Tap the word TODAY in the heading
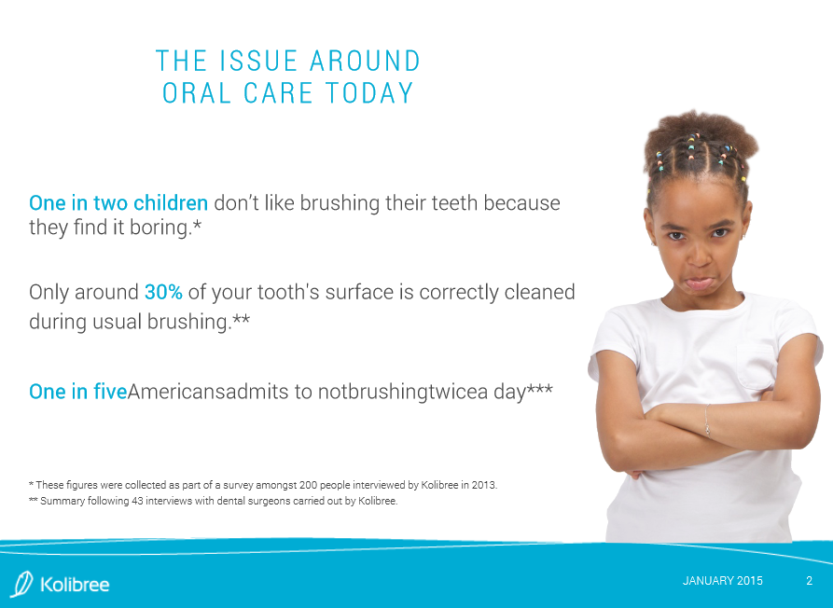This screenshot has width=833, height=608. pyautogui.click(x=369, y=93)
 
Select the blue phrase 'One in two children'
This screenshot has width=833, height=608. pyautogui.click(x=118, y=203)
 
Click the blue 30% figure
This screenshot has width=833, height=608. pyautogui.click(x=163, y=292)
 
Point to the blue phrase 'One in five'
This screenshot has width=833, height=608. pyautogui.click(x=78, y=392)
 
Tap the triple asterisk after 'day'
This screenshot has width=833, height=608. pyautogui.click(x=540, y=388)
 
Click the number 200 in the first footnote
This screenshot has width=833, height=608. pyautogui.click(x=308, y=485)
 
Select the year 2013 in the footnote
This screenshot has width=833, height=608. pyautogui.click(x=485, y=485)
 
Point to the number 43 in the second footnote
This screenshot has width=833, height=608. pyautogui.click(x=137, y=501)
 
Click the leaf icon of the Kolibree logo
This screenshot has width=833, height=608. pyautogui.click(x=21, y=584)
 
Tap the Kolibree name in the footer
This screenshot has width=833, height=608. pyautogui.click(x=75, y=585)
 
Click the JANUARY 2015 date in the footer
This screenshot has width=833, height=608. pyautogui.click(x=723, y=581)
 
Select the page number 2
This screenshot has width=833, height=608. pyautogui.click(x=809, y=581)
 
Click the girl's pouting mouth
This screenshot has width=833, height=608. pyautogui.click(x=699, y=283)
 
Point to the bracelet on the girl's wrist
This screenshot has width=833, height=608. pyautogui.click(x=707, y=420)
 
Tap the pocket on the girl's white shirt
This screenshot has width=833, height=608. pyautogui.click(x=757, y=366)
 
